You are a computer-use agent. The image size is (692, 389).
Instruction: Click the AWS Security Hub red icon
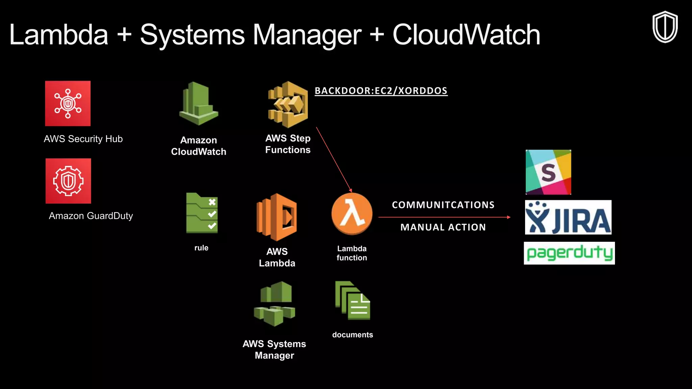click(68, 103)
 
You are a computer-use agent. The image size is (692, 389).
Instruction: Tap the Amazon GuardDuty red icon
click(68, 181)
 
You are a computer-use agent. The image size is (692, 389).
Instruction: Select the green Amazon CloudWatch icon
click(199, 104)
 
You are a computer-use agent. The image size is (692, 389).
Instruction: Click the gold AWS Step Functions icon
click(288, 104)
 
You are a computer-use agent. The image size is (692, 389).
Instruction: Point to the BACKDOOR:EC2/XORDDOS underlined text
click(381, 91)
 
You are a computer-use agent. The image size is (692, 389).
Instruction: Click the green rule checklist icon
click(202, 213)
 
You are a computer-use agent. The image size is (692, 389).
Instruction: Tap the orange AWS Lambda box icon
click(277, 217)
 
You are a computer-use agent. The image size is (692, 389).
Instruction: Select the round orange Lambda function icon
click(352, 214)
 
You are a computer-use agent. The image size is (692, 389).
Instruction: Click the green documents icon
click(352, 301)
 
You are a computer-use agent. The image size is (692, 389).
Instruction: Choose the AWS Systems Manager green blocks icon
click(274, 304)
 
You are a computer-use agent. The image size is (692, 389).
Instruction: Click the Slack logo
click(548, 172)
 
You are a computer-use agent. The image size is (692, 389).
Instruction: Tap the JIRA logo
click(568, 217)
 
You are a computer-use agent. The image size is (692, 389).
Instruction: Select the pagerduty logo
click(569, 253)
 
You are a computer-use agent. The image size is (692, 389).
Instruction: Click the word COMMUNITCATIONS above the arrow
click(443, 205)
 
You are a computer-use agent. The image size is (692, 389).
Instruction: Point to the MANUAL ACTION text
click(443, 227)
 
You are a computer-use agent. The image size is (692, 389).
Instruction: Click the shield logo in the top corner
click(665, 27)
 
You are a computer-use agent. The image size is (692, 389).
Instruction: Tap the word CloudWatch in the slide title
click(466, 35)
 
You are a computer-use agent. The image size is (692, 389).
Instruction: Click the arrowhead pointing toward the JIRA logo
click(509, 217)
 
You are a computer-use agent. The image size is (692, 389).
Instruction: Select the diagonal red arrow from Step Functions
click(333, 159)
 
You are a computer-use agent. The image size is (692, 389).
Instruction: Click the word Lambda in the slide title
click(59, 35)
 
